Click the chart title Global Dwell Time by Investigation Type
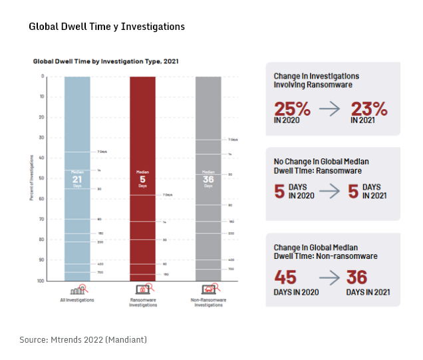point(106,61)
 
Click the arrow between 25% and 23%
point(331,109)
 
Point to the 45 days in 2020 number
point(286,277)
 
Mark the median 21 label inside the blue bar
point(77,179)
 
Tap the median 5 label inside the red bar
point(142,178)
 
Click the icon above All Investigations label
point(77,289)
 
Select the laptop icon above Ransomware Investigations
point(142,289)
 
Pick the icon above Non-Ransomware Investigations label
point(208,289)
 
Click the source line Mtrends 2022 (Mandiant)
point(82,340)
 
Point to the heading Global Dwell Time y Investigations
point(106,27)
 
